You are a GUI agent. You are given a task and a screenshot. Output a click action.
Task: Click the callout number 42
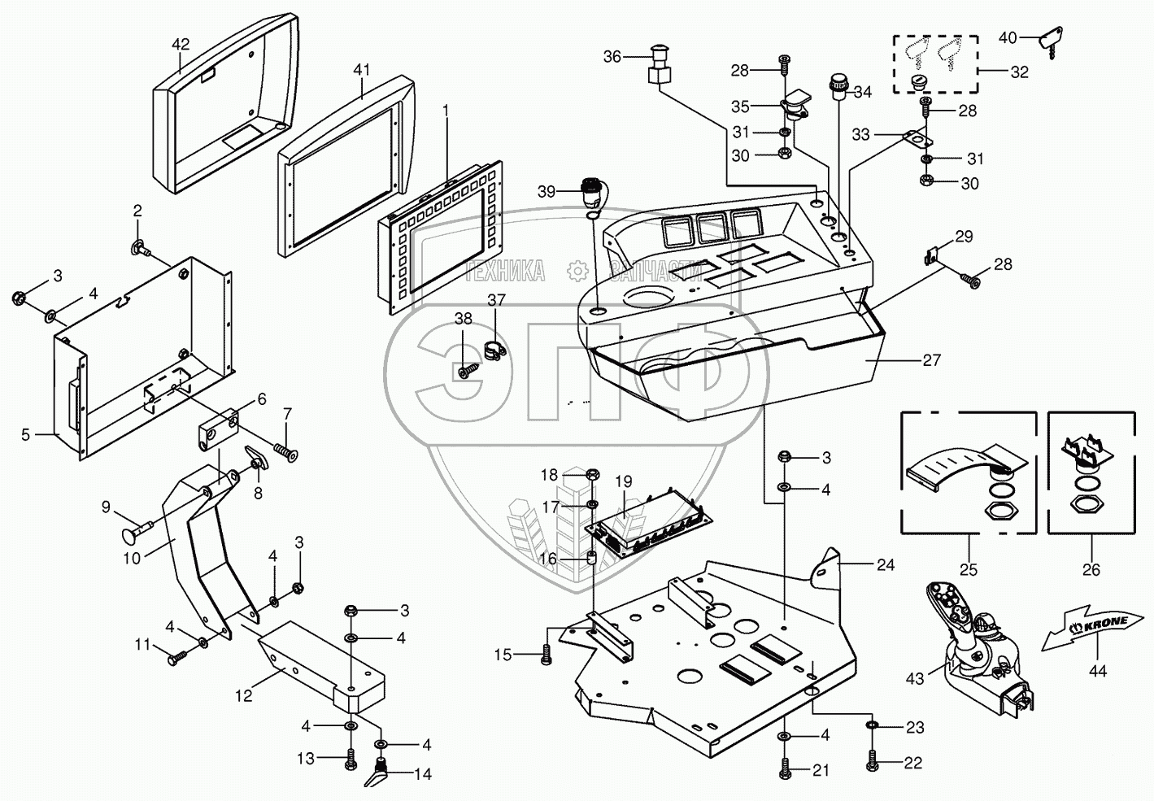click(x=181, y=44)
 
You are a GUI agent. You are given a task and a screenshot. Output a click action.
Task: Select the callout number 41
click(x=362, y=70)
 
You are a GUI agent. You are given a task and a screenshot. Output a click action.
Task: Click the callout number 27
click(x=931, y=360)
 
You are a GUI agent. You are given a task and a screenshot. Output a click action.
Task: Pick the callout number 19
click(x=624, y=481)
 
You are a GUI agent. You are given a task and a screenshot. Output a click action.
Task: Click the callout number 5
click(x=26, y=435)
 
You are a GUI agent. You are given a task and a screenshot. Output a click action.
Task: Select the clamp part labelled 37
click(x=495, y=350)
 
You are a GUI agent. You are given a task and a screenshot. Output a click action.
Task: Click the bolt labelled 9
click(x=137, y=530)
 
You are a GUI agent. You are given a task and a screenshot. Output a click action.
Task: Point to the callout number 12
click(x=244, y=695)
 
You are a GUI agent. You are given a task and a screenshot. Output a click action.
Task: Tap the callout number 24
click(x=886, y=565)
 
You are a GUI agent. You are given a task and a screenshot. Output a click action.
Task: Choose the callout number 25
click(x=969, y=569)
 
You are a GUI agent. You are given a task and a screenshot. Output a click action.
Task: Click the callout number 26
click(x=1091, y=569)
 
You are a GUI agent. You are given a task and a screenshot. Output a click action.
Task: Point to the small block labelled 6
click(x=219, y=429)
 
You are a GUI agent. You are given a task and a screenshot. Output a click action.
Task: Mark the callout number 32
click(x=1019, y=72)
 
